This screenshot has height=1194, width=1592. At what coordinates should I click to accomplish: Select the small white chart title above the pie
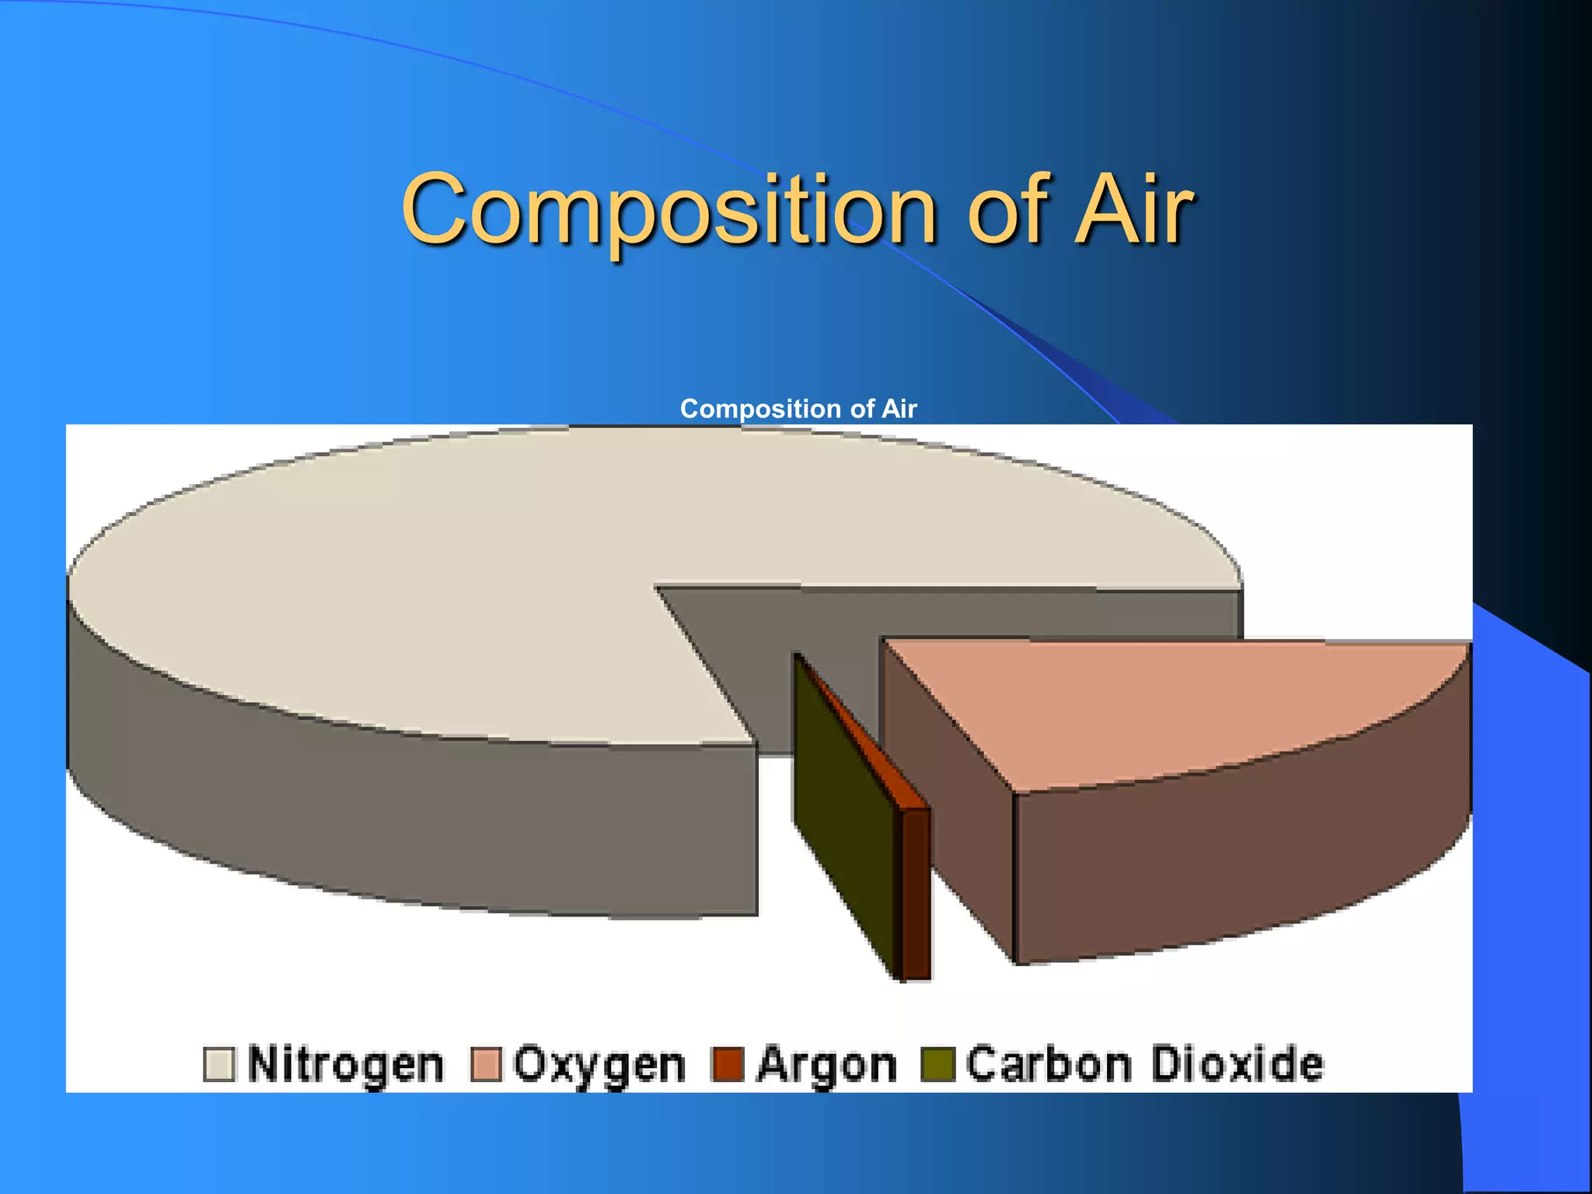tap(798, 409)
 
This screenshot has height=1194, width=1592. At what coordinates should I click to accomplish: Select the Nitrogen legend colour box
tap(218, 1064)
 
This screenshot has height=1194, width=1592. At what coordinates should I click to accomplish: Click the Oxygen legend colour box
tap(487, 1064)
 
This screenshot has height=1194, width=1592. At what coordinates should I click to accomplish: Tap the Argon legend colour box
tap(728, 1064)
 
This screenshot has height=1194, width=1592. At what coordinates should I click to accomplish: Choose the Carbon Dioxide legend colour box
tap(937, 1064)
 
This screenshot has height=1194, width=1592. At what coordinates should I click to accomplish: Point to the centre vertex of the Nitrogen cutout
tap(657, 587)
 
